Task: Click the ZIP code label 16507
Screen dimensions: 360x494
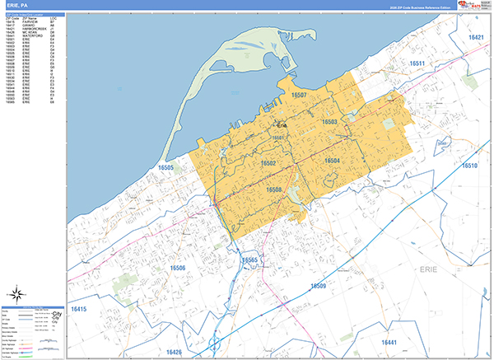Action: pyautogui.click(x=299, y=96)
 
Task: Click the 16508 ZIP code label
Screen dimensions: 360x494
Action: pyautogui.click(x=275, y=189)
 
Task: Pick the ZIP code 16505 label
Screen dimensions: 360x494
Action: pyautogui.click(x=166, y=167)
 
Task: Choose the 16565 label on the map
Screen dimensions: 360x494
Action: pyautogui.click(x=250, y=259)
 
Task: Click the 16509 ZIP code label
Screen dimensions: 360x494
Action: pyautogui.click(x=319, y=286)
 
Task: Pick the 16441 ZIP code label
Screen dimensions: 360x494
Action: pyautogui.click(x=389, y=342)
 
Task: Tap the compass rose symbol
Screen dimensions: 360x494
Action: pyautogui.click(x=18, y=294)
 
